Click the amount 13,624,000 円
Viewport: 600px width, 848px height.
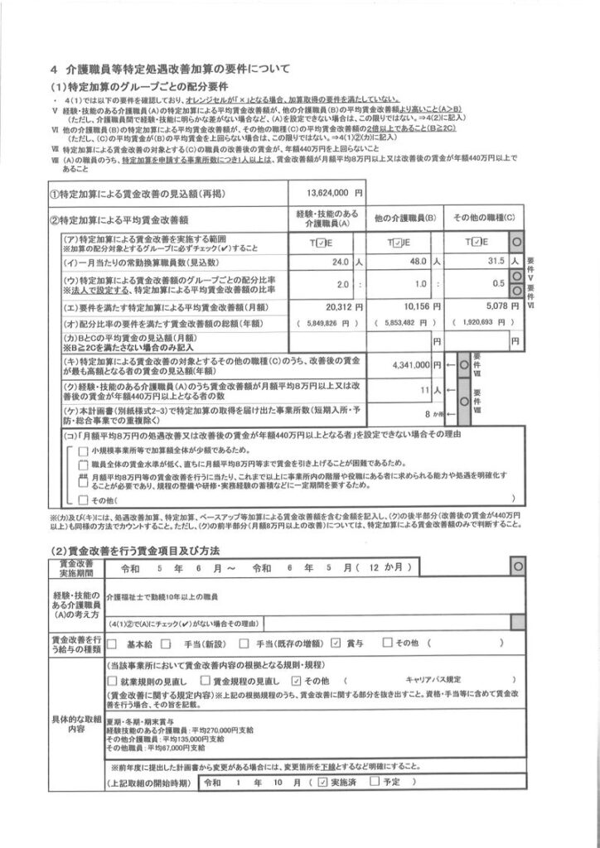tap(324, 193)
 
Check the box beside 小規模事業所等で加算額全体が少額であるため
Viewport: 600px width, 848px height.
tap(83, 450)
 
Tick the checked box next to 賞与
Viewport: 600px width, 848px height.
tap(336, 642)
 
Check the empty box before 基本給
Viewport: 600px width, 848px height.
tap(110, 642)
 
